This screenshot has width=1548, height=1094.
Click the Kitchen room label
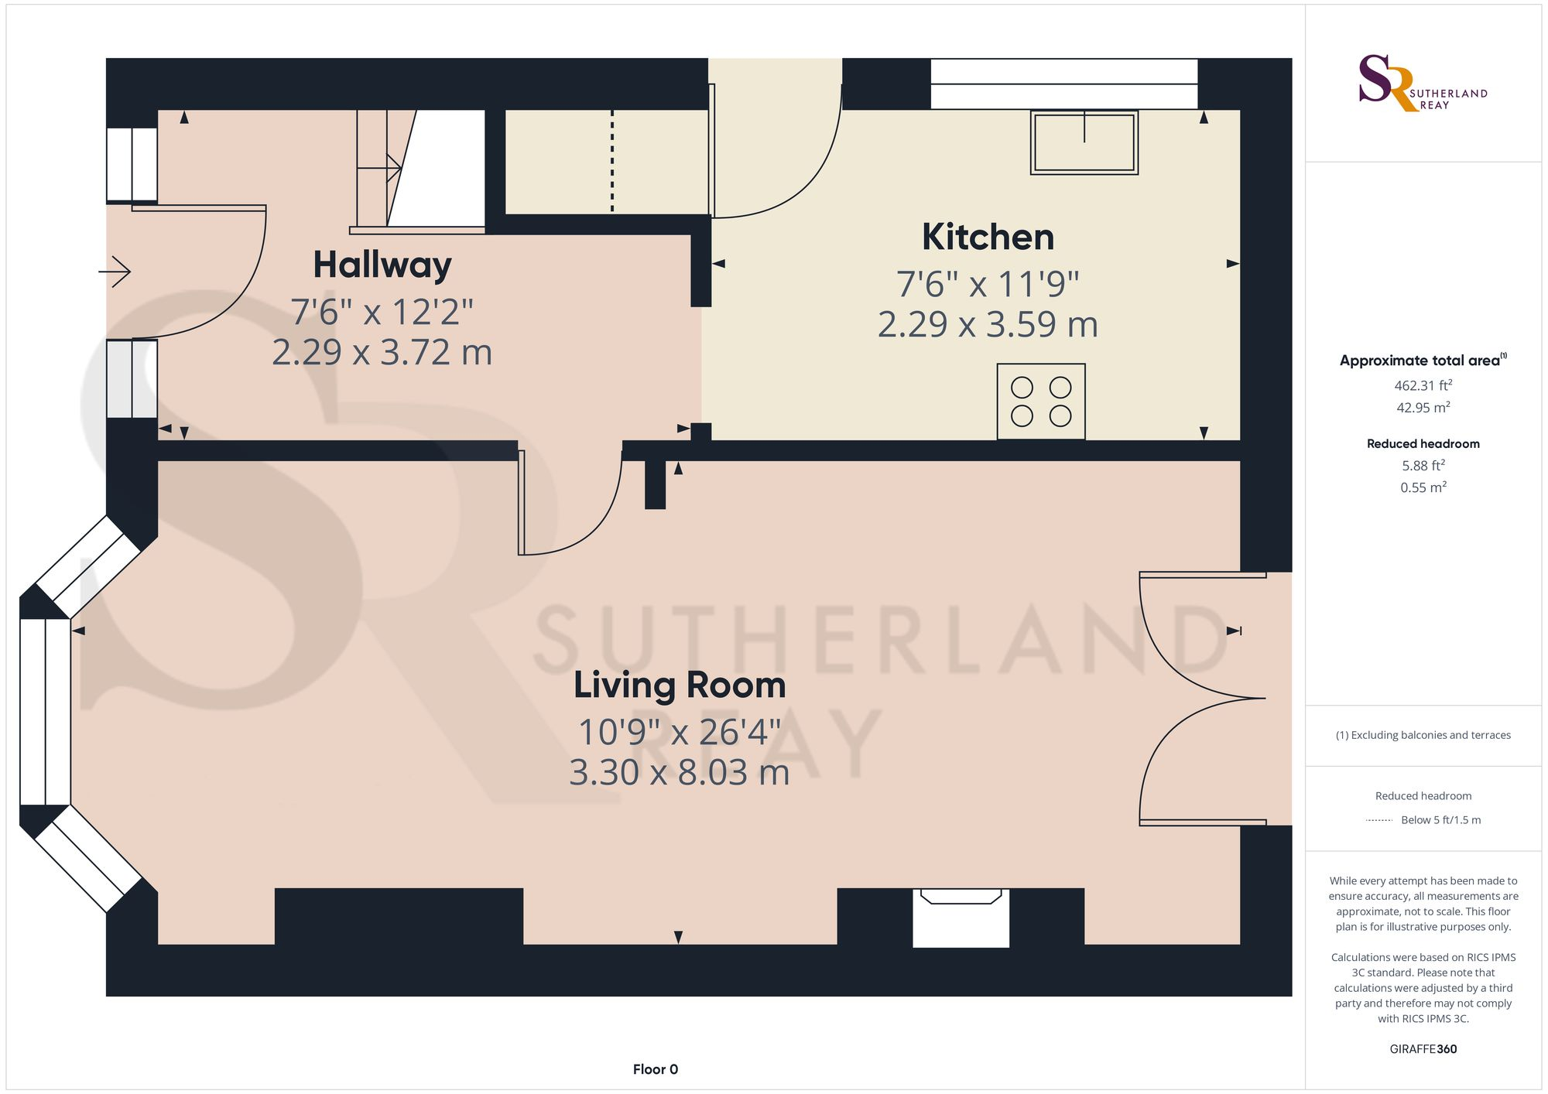pos(988,238)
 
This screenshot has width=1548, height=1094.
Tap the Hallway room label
pos(382,265)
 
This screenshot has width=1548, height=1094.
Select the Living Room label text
pos(679,685)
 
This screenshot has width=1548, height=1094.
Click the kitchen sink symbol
pos(1084,142)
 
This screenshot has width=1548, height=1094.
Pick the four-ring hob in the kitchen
pos(1040,402)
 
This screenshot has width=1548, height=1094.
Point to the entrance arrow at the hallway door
pos(115,272)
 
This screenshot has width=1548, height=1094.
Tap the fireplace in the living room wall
pos(961,918)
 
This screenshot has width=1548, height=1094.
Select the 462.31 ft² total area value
pos(1423,385)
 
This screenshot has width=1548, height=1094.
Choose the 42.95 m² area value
pos(1423,408)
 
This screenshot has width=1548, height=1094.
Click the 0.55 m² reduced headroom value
pos(1423,487)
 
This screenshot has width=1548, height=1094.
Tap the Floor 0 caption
pos(655,1069)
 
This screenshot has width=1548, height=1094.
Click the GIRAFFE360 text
pos(1423,1049)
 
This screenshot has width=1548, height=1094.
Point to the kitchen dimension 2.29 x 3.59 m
pos(988,325)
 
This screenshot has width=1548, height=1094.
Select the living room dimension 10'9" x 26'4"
pos(679,732)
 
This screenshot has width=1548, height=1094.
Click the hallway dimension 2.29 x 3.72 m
pos(382,353)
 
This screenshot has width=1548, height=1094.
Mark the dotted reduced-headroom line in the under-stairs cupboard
pos(612,161)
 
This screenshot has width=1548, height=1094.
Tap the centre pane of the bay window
pos(45,712)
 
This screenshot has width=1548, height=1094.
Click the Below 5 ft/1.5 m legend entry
pos(1440,820)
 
